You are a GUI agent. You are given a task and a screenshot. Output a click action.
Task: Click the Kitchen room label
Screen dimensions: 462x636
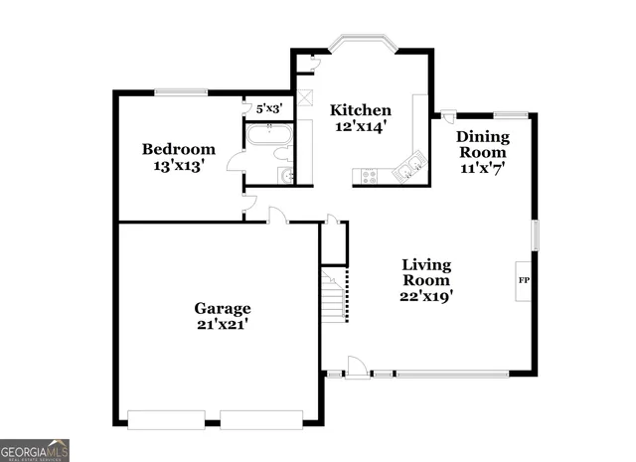pos(361,110)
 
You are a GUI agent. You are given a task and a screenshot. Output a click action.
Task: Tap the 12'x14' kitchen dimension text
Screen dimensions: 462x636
pos(361,127)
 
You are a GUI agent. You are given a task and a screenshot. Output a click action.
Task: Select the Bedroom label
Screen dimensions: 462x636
pos(178,150)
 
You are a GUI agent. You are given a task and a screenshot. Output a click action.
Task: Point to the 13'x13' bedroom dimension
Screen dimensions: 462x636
pos(178,167)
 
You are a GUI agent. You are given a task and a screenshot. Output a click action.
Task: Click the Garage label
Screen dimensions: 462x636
pos(222,308)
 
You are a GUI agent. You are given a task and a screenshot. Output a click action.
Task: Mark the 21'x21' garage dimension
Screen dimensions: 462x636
pos(222,324)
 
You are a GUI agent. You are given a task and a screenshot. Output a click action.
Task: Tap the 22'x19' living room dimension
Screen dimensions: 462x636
pos(426,295)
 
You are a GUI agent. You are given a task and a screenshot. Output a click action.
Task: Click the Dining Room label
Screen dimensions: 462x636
pos(483,145)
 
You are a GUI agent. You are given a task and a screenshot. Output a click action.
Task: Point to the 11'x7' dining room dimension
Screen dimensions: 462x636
pos(483,169)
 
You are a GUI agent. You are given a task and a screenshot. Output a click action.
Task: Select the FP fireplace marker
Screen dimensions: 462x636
pos(524,281)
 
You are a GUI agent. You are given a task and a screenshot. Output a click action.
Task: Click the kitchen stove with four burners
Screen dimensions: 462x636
pos(370,177)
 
